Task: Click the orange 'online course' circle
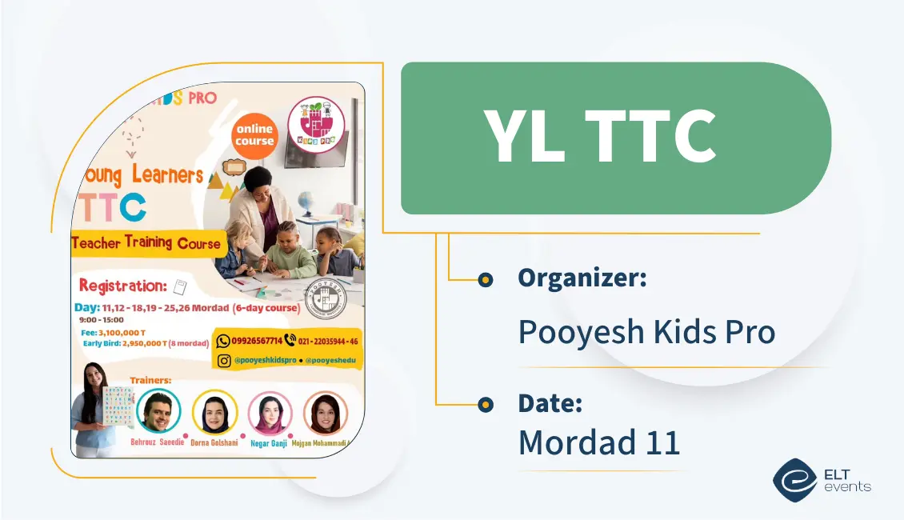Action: (254, 135)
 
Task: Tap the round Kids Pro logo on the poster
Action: (317, 124)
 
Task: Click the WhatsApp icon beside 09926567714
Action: (224, 341)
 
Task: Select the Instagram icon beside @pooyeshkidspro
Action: (224, 361)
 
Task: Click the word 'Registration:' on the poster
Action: (122, 286)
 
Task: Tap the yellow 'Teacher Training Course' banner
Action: (146, 243)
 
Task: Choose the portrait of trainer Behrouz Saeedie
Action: (158, 411)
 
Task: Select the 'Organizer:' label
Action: (582, 278)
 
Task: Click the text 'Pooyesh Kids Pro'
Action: (646, 331)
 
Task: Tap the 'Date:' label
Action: (550, 403)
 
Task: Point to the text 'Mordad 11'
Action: (599, 442)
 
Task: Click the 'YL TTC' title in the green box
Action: (599, 138)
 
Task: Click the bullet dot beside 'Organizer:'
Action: (485, 279)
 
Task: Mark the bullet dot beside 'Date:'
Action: (485, 405)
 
